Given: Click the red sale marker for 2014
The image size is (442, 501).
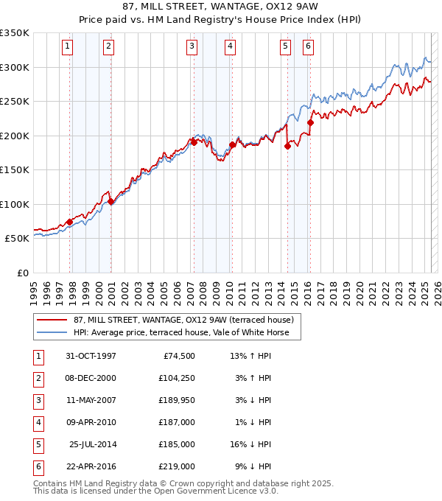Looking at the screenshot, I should coord(287,146).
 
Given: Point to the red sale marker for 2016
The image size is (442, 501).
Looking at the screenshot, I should coord(310,123).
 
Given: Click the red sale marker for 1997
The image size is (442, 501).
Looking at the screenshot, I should coord(70,221).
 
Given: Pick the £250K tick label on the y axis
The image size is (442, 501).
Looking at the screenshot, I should coord(15,102).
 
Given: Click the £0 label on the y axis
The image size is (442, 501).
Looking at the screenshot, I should coord(22,273).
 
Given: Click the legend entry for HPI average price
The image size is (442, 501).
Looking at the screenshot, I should coord(186,333).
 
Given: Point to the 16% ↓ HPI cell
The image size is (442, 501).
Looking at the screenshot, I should coord(250,445).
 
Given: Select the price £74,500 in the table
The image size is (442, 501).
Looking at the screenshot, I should coord(179,357).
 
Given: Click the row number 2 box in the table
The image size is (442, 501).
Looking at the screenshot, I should coord(38,379).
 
